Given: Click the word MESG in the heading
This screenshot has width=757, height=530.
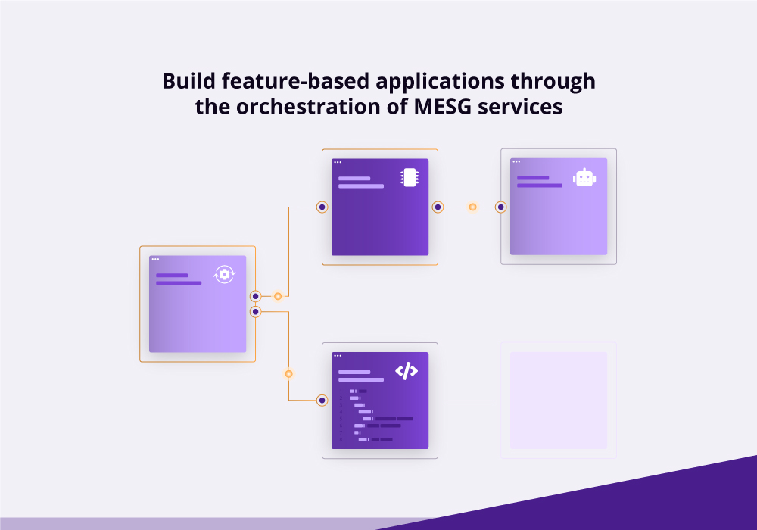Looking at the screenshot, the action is tap(442, 107).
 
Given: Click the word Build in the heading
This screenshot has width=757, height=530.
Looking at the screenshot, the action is tap(188, 80).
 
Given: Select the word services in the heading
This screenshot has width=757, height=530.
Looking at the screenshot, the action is tap(520, 107).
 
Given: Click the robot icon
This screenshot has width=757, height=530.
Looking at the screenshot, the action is tap(584, 178).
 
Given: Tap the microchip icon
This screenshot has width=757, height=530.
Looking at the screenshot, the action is tap(410, 178).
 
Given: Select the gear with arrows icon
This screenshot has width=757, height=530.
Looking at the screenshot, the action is tap(225, 274).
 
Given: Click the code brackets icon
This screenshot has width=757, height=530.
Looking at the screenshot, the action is tap(407, 371).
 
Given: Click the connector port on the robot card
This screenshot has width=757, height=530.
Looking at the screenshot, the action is tap(500, 207).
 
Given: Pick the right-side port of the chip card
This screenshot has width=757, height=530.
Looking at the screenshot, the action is tap(438, 207).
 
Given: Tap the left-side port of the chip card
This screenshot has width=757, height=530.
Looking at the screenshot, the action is tap(322, 207).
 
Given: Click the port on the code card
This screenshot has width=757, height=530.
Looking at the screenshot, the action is tap(322, 401).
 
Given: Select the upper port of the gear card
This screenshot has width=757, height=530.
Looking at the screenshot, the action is tap(255, 296).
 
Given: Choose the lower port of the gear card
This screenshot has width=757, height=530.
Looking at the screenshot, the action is tap(255, 312).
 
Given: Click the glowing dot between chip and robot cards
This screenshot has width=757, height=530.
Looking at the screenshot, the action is tap(472, 207).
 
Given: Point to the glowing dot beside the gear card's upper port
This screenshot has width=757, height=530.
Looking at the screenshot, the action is tap(278, 296).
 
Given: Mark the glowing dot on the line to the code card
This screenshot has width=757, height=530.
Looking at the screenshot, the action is tap(288, 373).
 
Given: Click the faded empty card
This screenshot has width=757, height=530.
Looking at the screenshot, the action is tap(559, 401).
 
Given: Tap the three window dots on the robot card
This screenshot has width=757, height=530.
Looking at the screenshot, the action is tap(516, 162).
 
